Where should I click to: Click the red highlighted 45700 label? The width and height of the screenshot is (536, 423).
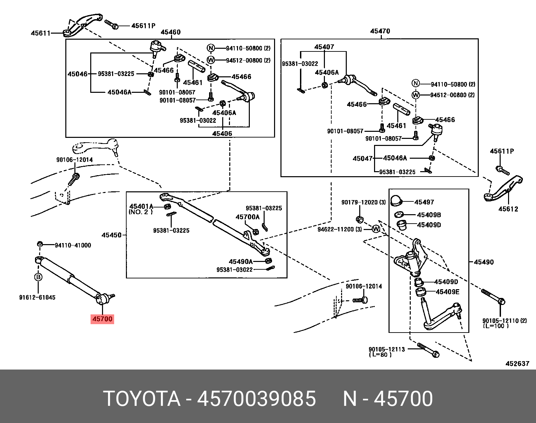pyautogui.click(x=102, y=319)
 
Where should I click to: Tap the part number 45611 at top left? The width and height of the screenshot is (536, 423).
pyautogui.click(x=40, y=33)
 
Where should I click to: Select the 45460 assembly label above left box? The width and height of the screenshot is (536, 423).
pyautogui.click(x=170, y=32)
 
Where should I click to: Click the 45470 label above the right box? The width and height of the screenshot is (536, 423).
pyautogui.click(x=380, y=31)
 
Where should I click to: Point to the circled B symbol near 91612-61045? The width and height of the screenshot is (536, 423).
pyautogui.click(x=38, y=277)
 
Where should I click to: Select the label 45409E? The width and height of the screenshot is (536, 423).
pyautogui.click(x=447, y=292)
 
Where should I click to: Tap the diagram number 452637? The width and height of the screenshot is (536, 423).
pyautogui.click(x=517, y=363)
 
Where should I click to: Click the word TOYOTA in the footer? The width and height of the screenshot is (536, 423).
pyautogui.click(x=142, y=399)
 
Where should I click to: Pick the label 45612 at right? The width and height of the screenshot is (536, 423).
pyautogui.click(x=508, y=209)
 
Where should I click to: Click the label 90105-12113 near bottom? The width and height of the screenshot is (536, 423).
pyautogui.click(x=387, y=349)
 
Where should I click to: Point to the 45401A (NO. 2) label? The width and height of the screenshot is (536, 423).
pyautogui.click(x=141, y=208)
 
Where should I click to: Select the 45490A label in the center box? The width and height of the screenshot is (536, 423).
pyautogui.click(x=240, y=261)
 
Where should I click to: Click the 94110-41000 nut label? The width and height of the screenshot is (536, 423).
pyautogui.click(x=73, y=245)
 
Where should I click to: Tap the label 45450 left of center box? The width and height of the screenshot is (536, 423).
pyautogui.click(x=111, y=235)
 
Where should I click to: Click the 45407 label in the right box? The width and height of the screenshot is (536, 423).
pyautogui.click(x=324, y=47)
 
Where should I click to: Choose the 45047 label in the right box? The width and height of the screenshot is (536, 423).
pyautogui.click(x=362, y=158)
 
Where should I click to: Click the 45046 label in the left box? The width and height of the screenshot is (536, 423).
pyautogui.click(x=77, y=74)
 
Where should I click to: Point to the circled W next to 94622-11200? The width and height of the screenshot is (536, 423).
pyautogui.click(x=376, y=229)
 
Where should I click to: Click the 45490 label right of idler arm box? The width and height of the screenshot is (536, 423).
pyautogui.click(x=483, y=262)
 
